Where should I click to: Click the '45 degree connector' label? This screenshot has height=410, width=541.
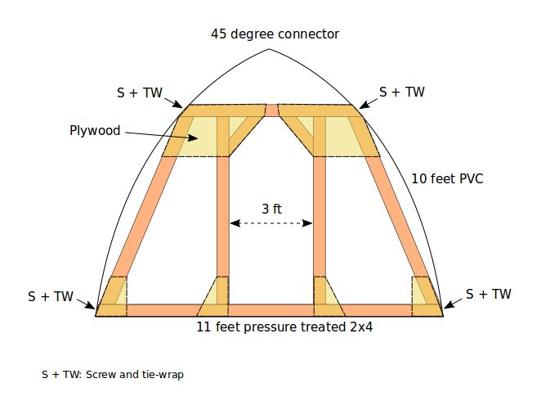click(275, 34)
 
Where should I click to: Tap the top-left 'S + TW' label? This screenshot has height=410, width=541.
click(140, 92)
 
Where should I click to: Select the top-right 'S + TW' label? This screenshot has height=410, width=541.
click(402, 92)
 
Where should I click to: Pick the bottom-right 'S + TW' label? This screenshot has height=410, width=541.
click(489, 294)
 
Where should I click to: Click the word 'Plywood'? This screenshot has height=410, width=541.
click(95, 130)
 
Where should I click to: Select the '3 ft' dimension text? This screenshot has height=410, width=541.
click(271, 209)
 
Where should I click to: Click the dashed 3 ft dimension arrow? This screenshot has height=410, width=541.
click(271, 223)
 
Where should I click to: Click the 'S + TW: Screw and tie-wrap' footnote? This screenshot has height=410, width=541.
click(113, 375)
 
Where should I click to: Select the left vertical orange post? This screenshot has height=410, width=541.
click(222, 221)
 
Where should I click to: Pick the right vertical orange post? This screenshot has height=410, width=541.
click(320, 221)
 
